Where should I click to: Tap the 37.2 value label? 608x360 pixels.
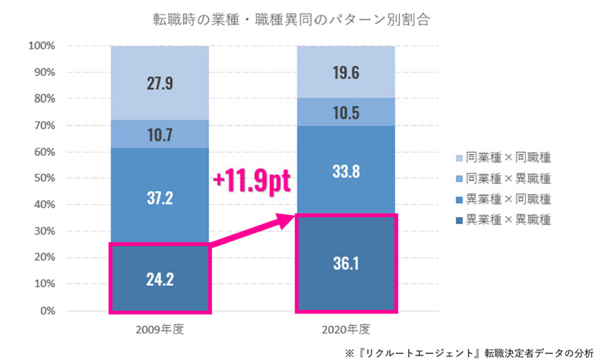(x=159, y=197)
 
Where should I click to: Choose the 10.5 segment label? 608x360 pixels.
(x=346, y=112)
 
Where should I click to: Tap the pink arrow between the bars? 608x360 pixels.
(x=251, y=232)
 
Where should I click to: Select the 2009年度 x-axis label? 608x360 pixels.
(x=160, y=330)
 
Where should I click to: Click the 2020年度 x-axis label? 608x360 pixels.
(x=346, y=330)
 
